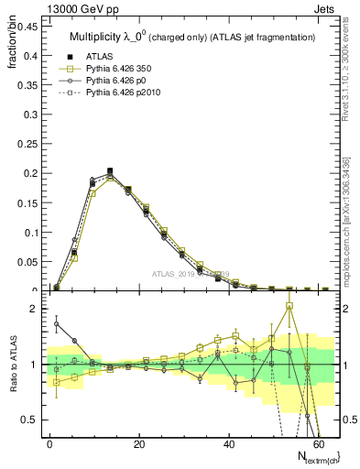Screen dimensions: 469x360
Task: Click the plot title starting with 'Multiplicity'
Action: (192, 37)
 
